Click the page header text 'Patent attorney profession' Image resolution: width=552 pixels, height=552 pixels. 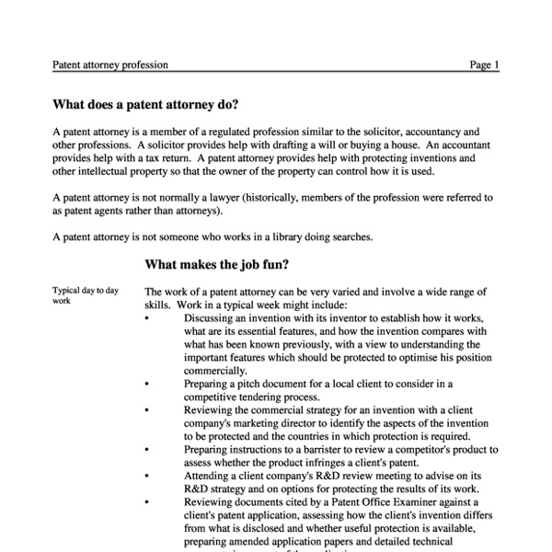pyautogui.click(x=109, y=65)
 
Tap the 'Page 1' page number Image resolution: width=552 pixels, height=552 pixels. pyautogui.click(x=484, y=65)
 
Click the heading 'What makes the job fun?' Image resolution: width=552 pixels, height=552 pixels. pyautogui.click(x=217, y=265)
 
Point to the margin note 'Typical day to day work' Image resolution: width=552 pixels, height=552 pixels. pyautogui.click(x=86, y=295)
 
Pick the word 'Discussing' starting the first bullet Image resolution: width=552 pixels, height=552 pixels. pyautogui.click(x=212, y=318)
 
